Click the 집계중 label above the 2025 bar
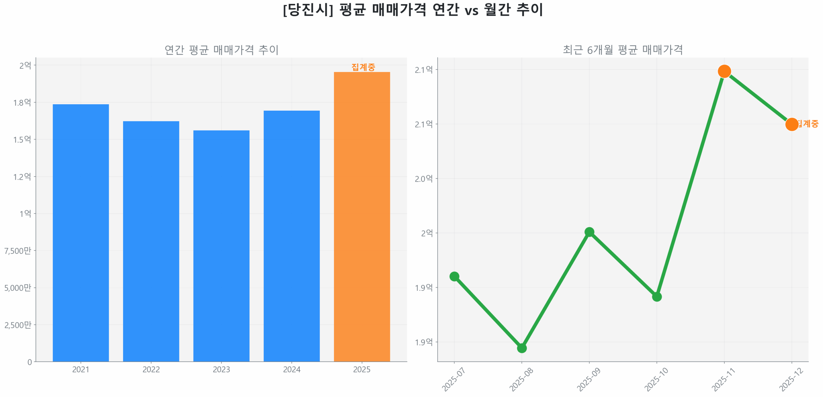click(363, 67)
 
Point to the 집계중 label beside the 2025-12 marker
click(808, 124)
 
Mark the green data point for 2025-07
click(454, 276)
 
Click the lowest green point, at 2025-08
click(521, 348)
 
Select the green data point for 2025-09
click(589, 232)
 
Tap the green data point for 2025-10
click(656, 296)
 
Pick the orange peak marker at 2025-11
click(724, 71)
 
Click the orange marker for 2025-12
click(791, 124)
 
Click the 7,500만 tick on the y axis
click(18, 250)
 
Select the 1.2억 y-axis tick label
click(22, 176)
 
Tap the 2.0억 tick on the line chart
click(423, 178)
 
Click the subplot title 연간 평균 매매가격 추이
click(221, 50)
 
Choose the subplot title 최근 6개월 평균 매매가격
click(622, 50)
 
